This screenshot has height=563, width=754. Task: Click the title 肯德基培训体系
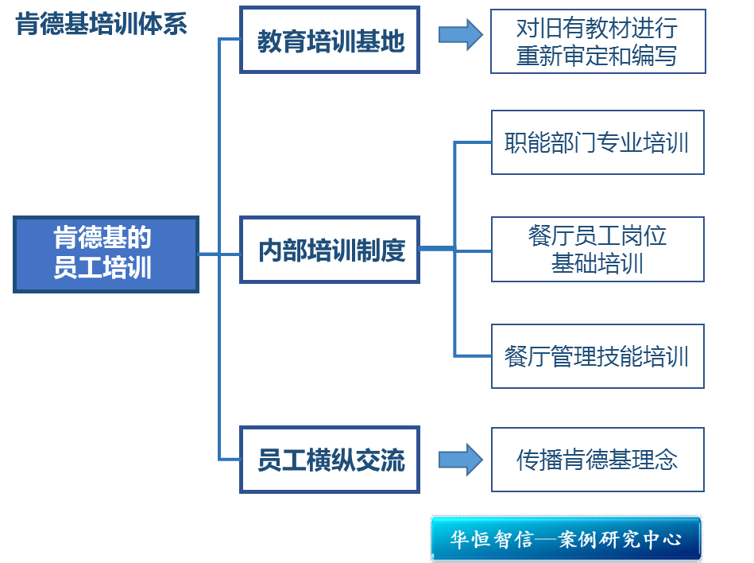[102, 25]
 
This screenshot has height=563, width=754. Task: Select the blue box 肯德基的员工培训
[106, 254]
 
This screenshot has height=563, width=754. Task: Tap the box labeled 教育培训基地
[330, 41]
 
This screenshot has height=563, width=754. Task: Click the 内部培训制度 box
[330, 250]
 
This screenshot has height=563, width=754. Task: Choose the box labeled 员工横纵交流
[330, 460]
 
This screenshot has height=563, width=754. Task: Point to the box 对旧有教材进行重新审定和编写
[597, 42]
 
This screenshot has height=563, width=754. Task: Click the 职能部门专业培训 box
[597, 143]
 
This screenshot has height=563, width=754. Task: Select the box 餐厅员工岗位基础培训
[597, 250]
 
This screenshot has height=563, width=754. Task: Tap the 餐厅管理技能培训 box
[597, 356]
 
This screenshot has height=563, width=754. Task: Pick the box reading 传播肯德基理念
[597, 460]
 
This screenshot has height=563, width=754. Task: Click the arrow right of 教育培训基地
[460, 35]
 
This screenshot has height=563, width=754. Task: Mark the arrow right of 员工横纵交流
[460, 460]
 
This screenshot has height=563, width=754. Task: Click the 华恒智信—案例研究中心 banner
[566, 539]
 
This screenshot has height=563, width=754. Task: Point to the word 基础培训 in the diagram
[597, 263]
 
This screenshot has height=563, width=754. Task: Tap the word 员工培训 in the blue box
[102, 268]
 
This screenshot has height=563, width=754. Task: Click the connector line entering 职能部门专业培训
[473, 143]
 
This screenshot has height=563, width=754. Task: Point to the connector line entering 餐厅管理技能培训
[473, 355]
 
